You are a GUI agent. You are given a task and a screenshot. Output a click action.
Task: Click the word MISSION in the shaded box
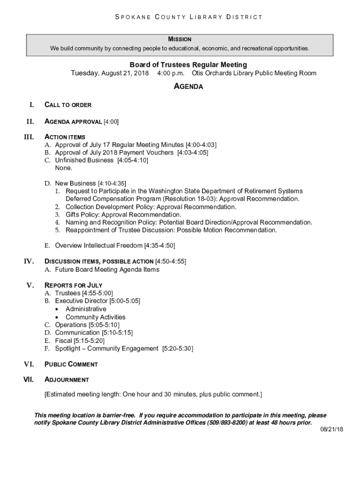click(x=180, y=39)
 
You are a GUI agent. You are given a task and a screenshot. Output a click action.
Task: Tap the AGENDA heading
click(x=188, y=87)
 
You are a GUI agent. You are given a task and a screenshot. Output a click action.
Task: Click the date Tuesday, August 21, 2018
click(x=110, y=73)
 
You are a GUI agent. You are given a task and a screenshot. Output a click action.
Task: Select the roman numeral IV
click(x=29, y=261)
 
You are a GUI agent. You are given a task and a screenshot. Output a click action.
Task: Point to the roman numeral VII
click(x=29, y=380)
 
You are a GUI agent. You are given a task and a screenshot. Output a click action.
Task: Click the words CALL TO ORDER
click(x=68, y=105)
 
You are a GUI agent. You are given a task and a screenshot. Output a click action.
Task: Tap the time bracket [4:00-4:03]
click(x=201, y=145)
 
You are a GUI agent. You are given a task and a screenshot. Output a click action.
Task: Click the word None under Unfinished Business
click(x=64, y=168)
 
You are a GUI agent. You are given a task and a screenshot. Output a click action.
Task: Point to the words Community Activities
click(x=95, y=317)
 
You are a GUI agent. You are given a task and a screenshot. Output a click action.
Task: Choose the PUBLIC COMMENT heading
click(x=71, y=364)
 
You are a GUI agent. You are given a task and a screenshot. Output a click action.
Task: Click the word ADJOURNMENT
click(x=66, y=380)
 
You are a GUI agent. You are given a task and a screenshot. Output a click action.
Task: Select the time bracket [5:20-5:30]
click(x=178, y=348)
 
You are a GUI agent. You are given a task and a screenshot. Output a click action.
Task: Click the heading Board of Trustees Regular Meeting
click(x=188, y=65)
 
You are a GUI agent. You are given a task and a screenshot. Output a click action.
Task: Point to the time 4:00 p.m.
click(x=171, y=73)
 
